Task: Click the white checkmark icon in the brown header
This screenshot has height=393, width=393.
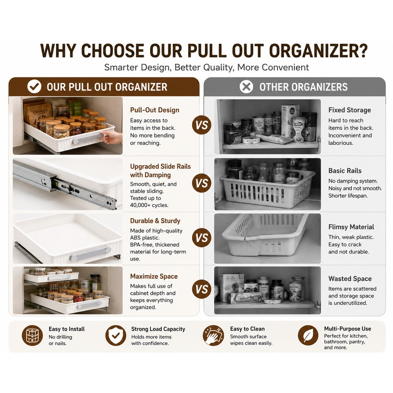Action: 34,87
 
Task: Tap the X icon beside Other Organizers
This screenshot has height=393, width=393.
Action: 246,87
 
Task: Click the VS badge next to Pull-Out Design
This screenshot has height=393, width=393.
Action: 202,125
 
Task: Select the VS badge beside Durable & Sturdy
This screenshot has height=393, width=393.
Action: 202,238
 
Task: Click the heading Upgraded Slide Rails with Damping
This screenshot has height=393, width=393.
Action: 161,170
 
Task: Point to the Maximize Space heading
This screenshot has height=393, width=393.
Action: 154,276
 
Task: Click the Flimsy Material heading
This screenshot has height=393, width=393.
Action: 351,227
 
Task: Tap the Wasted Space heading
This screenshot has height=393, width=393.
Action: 350,279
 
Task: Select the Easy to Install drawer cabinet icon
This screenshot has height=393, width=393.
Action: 32,336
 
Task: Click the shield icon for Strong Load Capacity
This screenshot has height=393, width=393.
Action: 115,336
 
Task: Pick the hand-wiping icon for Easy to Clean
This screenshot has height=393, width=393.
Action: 213,336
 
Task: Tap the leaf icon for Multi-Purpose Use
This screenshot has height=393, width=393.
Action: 308,336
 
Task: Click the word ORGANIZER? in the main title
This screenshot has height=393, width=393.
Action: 318,51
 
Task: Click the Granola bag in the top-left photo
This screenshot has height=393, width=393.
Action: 39,113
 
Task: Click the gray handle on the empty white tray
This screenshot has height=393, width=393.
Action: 90,253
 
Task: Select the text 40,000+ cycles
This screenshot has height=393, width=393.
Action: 149,205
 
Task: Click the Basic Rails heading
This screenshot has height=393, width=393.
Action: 345,170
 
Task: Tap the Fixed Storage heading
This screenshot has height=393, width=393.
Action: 350,110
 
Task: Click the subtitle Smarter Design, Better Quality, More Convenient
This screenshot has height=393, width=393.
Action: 206,67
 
